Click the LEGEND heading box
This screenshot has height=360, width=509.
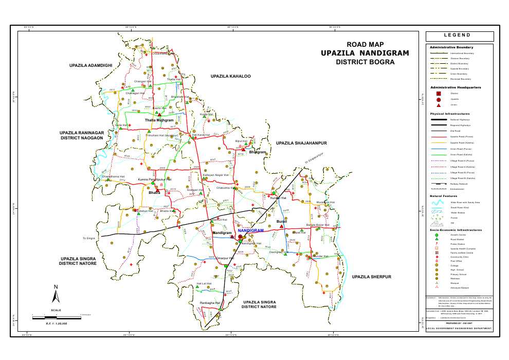tap(460, 36)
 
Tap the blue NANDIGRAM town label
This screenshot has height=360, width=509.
tap(251, 231)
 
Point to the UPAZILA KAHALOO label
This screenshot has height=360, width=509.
tap(230, 76)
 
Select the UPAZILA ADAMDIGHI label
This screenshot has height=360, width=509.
tap(90, 66)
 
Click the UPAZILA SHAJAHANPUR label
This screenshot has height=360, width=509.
tap(302, 143)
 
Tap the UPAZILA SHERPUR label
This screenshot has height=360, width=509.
tap(372, 277)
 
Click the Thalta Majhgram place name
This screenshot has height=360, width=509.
tap(159, 120)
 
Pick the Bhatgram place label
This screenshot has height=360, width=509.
tap(258, 152)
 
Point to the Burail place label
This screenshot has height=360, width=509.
tap(281, 221)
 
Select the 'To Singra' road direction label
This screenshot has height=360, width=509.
tap(89, 239)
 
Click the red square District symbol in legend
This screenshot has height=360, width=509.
tap(438, 94)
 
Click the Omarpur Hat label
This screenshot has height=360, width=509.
tap(225, 258)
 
